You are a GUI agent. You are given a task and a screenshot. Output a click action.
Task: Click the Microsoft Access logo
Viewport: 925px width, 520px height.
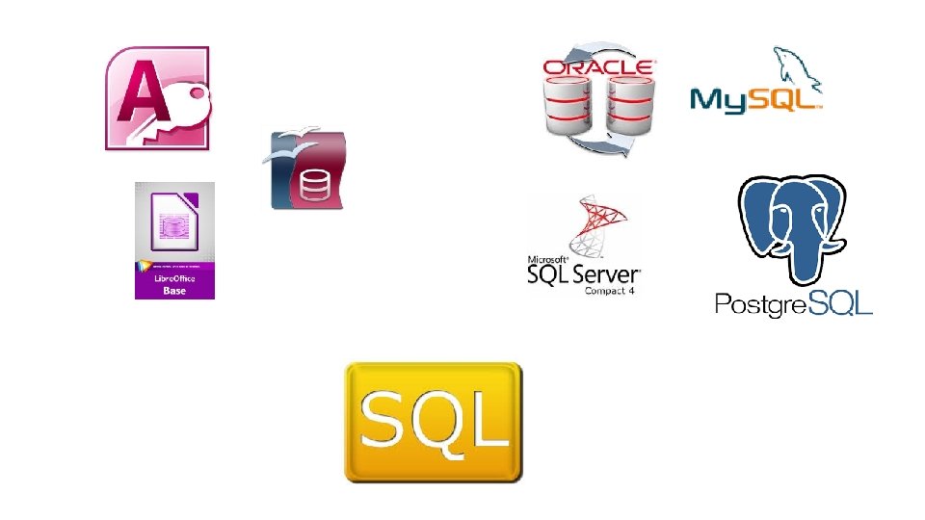156,98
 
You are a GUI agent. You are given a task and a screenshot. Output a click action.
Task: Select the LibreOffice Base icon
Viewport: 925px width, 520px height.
174,240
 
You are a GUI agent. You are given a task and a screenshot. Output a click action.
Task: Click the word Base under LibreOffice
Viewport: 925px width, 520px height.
174,290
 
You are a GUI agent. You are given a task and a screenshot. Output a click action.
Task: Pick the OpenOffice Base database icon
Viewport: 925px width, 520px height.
304,170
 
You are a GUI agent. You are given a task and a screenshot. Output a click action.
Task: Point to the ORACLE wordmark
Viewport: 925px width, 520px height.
598,67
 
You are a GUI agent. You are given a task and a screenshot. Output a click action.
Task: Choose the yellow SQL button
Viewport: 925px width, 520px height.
434,422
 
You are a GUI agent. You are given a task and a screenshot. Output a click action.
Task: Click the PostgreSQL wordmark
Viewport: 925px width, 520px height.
793,304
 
